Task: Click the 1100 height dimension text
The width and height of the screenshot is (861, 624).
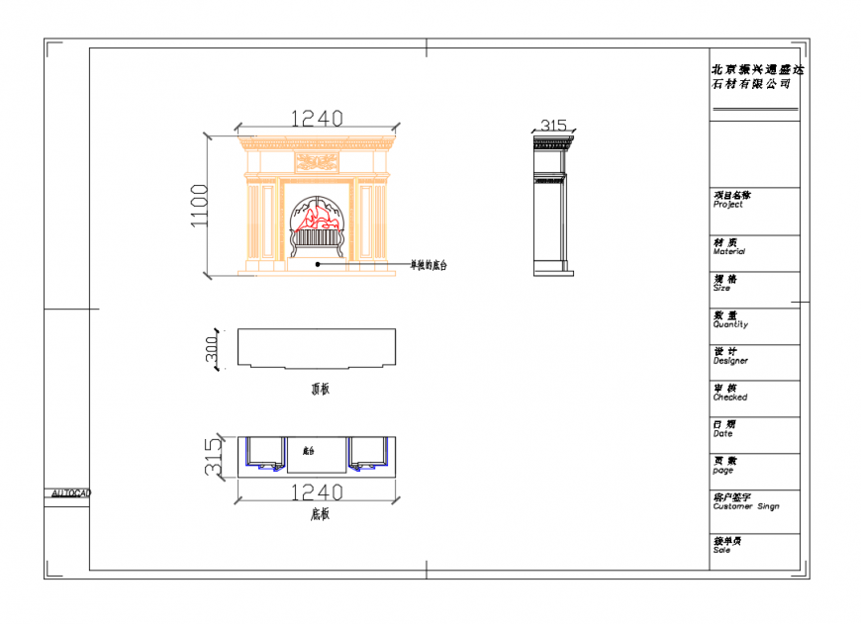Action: click(201, 205)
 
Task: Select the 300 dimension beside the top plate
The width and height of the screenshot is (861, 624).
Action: click(211, 349)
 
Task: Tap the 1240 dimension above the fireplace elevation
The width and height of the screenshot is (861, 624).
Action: click(316, 119)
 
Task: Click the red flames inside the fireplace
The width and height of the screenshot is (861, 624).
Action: click(319, 217)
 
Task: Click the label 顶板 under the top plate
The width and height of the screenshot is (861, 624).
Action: click(320, 389)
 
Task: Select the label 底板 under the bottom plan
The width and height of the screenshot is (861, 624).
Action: click(320, 514)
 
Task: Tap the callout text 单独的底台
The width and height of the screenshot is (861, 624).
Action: click(430, 266)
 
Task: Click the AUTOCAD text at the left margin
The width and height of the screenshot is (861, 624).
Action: click(71, 492)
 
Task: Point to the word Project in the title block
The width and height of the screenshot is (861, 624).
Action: click(727, 205)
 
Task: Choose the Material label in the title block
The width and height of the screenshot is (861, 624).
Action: click(729, 252)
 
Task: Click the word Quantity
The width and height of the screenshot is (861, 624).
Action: click(730, 324)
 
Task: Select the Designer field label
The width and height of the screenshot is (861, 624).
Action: click(730, 361)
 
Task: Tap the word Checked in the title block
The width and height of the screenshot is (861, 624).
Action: click(730, 398)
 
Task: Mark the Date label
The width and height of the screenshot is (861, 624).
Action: click(723, 434)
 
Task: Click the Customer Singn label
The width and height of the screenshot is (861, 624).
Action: click(745, 506)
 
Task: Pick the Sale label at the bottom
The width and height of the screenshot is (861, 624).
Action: click(722, 550)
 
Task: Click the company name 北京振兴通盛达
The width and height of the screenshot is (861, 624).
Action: click(758, 70)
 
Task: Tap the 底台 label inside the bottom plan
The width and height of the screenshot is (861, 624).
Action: click(308, 451)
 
